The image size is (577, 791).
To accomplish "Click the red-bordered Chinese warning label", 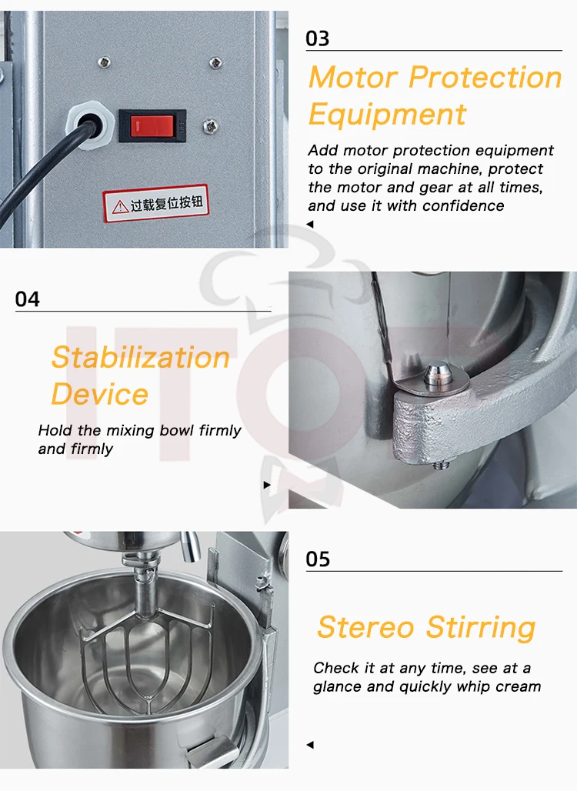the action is (x=156, y=203).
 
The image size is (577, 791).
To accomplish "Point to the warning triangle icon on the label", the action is (x=120, y=207).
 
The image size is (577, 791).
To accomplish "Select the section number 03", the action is (x=317, y=38).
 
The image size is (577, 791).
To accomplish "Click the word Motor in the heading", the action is (x=354, y=78).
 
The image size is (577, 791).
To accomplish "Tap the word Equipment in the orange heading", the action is (x=387, y=114).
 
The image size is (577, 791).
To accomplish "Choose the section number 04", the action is (x=27, y=299).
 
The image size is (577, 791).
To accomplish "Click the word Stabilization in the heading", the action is (x=141, y=357).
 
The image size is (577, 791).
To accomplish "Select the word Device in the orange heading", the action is (x=100, y=394).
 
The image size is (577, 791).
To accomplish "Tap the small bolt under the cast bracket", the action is (x=442, y=464).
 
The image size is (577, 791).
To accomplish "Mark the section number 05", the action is (x=318, y=559).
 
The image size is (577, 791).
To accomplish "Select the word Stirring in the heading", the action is (x=481, y=628).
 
